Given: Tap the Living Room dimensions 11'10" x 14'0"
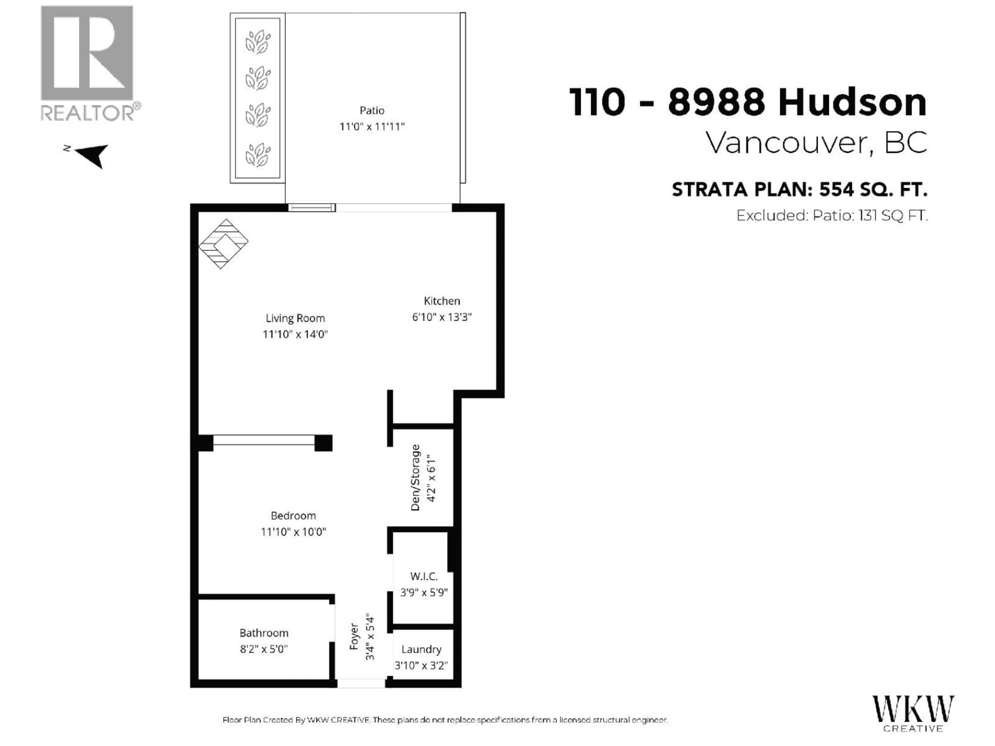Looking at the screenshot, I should click(x=295, y=334).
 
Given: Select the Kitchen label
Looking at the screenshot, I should click(x=442, y=301).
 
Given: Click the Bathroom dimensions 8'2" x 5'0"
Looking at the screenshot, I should click(x=264, y=649).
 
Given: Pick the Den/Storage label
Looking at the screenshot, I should click(x=415, y=478).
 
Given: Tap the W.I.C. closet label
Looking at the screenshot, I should click(x=424, y=576).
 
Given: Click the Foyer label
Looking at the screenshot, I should click(x=354, y=636).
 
